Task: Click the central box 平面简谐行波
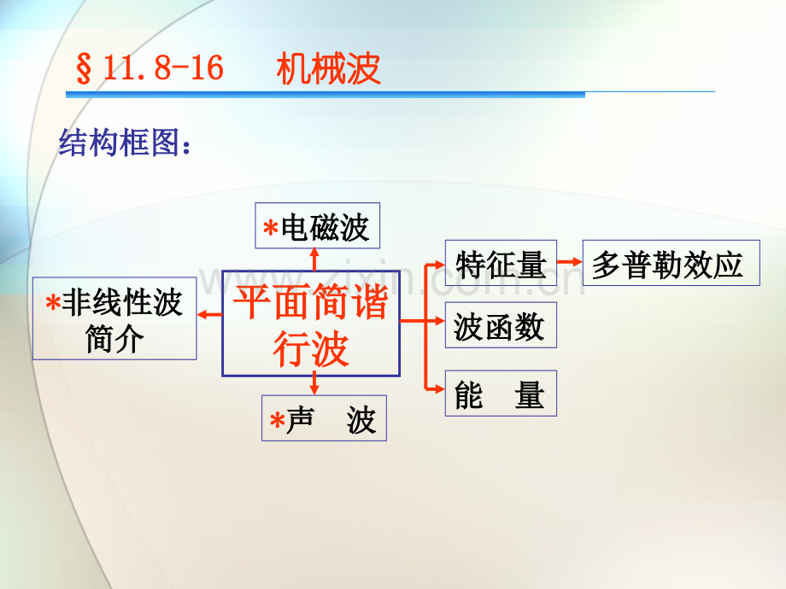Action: [311, 323]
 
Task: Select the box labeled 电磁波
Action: [317, 225]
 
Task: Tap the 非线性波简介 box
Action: [114, 318]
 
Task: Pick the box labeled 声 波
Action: [324, 418]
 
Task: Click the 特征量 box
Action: [501, 263]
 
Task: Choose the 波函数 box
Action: [501, 325]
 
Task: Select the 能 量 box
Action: [501, 394]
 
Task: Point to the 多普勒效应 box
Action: [672, 263]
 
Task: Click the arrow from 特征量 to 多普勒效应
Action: [570, 262]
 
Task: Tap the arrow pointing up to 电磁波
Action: [314, 260]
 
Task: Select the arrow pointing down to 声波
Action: [314, 383]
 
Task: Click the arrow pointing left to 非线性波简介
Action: [209, 314]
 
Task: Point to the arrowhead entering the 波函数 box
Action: [440, 321]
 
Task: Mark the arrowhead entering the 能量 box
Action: [440, 388]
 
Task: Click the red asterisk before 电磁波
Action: [271, 228]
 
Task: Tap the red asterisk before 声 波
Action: [277, 420]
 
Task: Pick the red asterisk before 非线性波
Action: [53, 302]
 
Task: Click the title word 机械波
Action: [328, 68]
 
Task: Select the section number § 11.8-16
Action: [150, 68]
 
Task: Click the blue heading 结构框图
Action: [125, 143]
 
